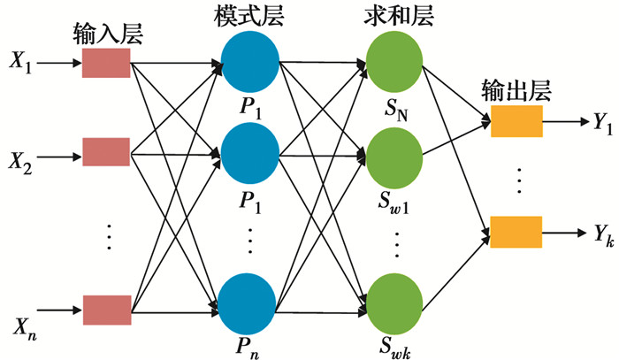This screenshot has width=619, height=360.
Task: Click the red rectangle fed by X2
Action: point(106,151)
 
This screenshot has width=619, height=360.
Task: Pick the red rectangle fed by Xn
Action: point(106,308)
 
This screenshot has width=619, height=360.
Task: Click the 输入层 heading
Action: point(105,34)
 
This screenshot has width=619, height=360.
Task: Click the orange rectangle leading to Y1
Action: point(515,122)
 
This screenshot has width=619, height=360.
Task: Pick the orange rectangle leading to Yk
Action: point(515,232)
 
